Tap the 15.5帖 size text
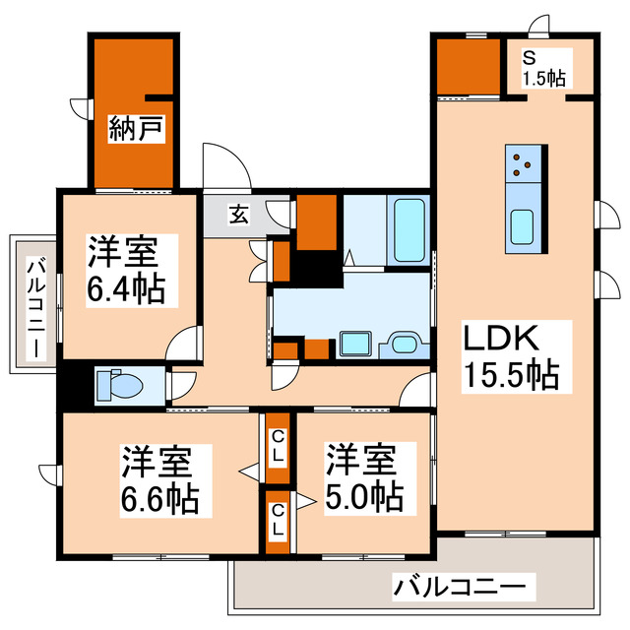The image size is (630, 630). click(x=511, y=375)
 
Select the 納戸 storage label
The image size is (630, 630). click(x=135, y=129)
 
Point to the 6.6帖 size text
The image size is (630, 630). click(x=158, y=498)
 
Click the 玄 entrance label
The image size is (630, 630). click(x=238, y=213)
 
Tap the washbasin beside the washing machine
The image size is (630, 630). click(x=405, y=345)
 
